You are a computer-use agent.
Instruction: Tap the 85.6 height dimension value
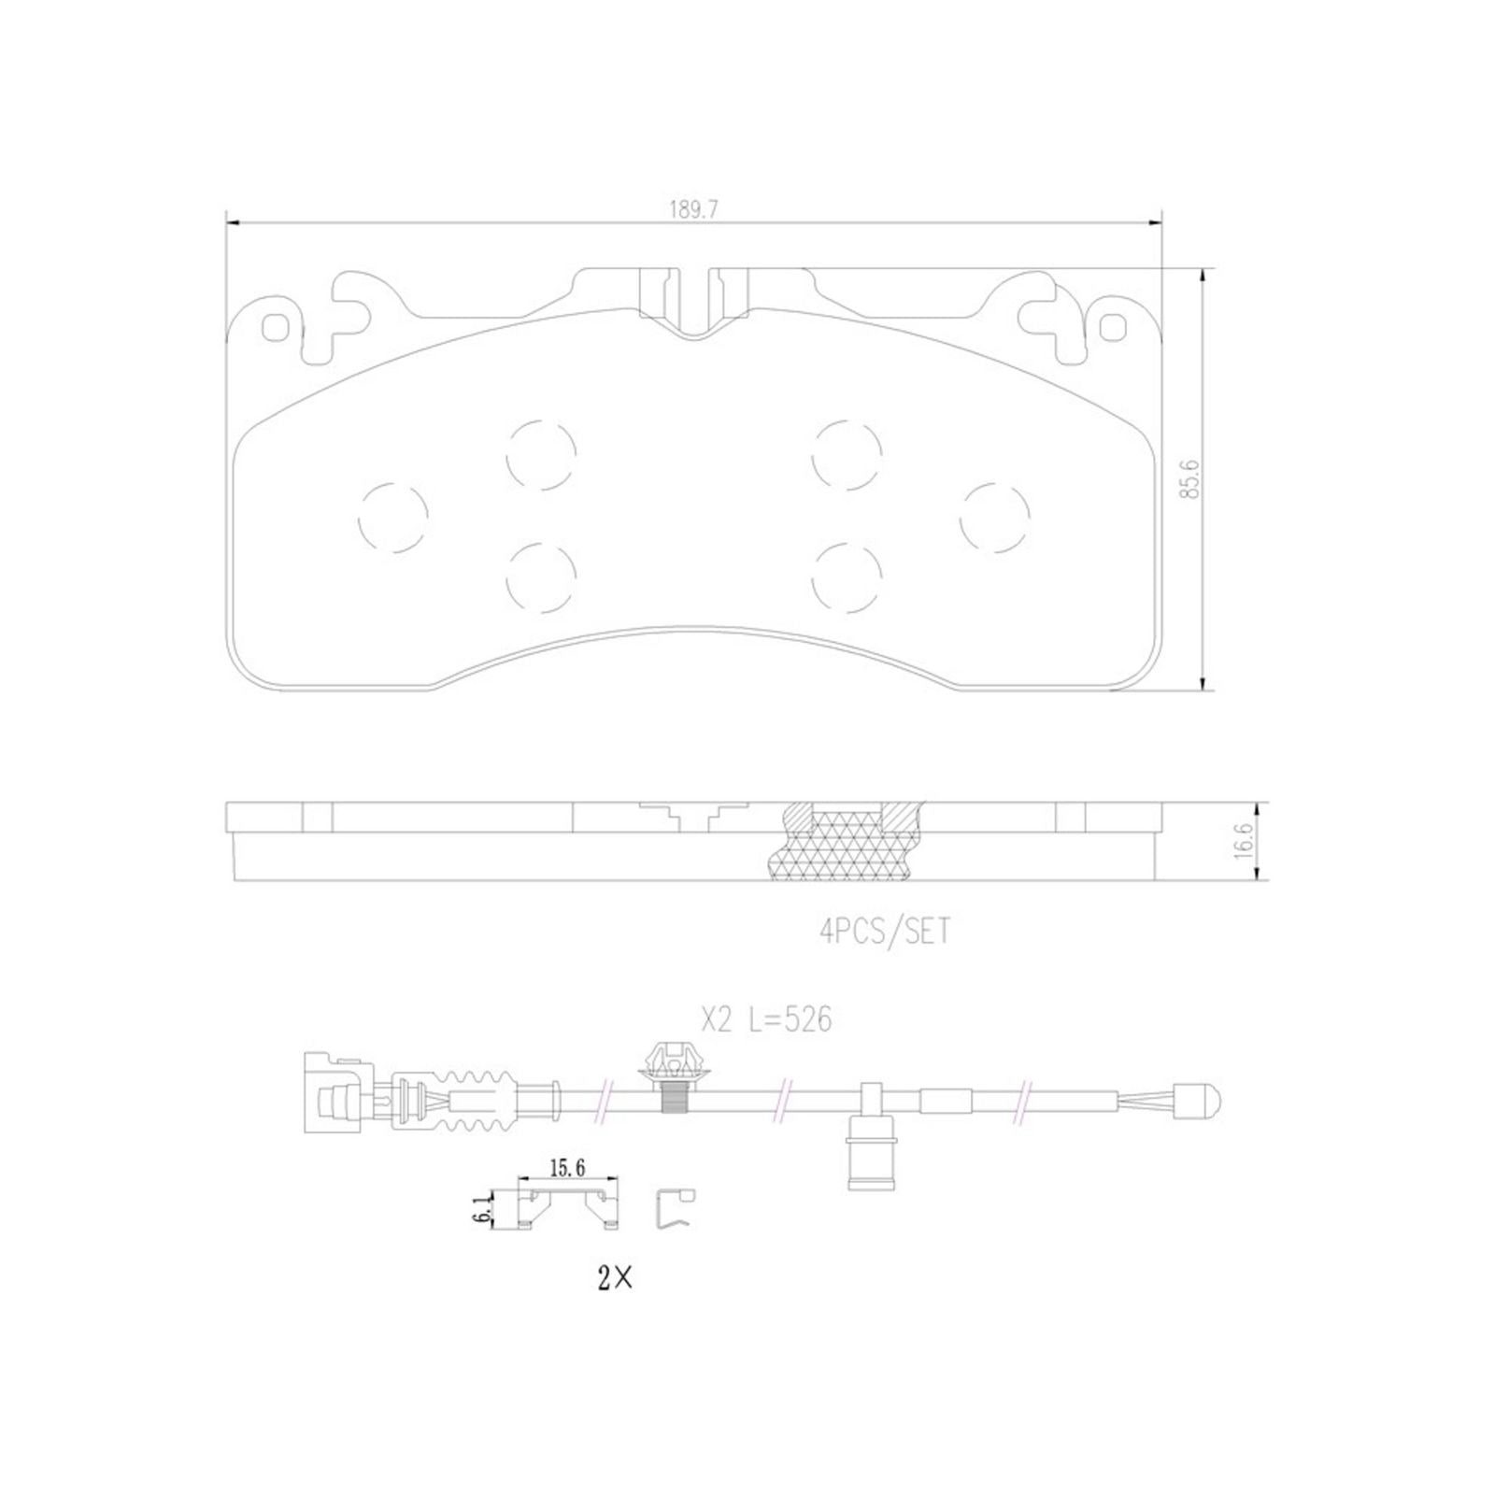click(x=1189, y=478)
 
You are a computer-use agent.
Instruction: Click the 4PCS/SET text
click(x=885, y=932)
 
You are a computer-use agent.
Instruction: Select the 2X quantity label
click(x=615, y=1279)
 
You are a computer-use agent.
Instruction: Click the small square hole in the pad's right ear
click(x=1112, y=326)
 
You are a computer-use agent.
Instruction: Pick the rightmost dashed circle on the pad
click(x=995, y=517)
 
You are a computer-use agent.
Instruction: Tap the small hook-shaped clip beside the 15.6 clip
click(x=674, y=1211)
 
